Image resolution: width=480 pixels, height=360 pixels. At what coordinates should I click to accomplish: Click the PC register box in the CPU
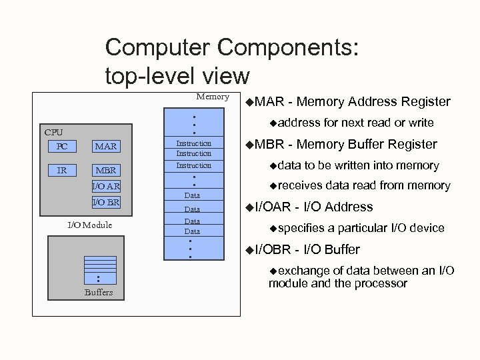(x=61, y=145)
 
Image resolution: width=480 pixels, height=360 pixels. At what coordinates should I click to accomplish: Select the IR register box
(x=61, y=170)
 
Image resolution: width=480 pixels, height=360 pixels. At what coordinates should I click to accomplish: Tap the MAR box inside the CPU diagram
(x=105, y=145)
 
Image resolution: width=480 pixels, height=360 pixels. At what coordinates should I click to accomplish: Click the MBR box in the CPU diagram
(x=105, y=170)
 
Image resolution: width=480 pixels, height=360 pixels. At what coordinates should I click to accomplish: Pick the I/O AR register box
(x=105, y=186)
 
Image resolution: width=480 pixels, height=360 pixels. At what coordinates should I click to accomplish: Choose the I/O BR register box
(x=105, y=201)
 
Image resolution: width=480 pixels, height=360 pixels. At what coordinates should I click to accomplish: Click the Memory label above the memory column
(x=211, y=97)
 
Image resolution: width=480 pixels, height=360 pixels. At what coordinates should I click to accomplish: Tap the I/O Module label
(x=90, y=225)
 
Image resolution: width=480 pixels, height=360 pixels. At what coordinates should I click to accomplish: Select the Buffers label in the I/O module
(x=99, y=292)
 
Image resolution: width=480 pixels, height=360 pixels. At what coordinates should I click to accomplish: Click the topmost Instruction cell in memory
(x=193, y=143)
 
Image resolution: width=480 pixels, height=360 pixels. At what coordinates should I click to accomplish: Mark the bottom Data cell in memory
(x=192, y=231)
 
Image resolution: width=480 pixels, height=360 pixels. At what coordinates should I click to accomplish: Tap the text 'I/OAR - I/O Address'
(x=314, y=207)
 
